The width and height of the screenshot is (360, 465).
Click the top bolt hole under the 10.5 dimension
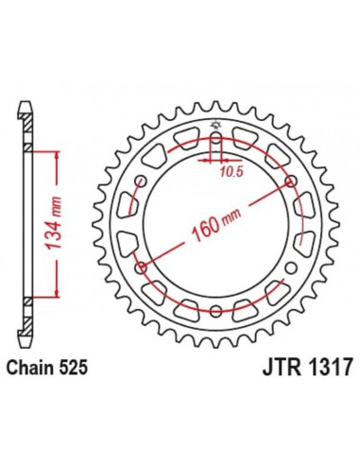click(x=216, y=143)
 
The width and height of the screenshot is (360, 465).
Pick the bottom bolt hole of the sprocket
click(x=216, y=309)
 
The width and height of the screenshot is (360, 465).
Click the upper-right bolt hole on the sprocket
click(x=288, y=184)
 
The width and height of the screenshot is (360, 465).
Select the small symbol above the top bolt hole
click(x=216, y=127)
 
